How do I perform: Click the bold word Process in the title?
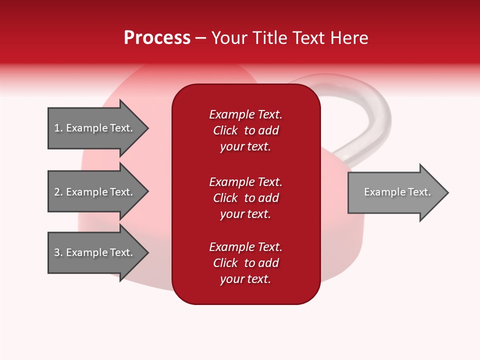click(157, 38)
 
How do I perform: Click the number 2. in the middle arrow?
click(58, 192)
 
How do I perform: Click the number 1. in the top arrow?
click(58, 128)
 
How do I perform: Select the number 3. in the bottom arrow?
click(58, 252)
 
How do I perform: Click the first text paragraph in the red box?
click(245, 130)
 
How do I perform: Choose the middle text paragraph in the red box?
click(245, 198)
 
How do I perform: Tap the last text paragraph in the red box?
click(245, 263)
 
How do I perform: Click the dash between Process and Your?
click(200, 38)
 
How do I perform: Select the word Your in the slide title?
click(230, 38)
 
